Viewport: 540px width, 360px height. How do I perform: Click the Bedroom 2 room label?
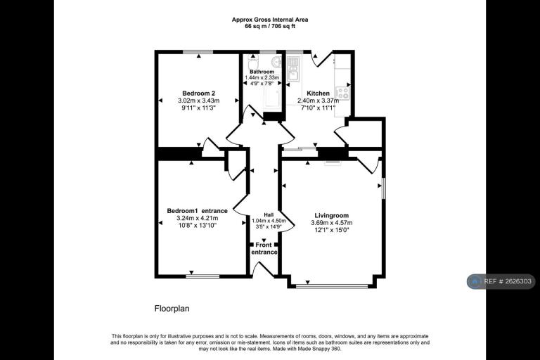[199, 94]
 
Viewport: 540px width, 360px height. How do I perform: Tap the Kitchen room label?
[318, 94]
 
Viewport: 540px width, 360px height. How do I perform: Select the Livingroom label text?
[332, 216]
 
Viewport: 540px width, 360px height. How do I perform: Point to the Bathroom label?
[262, 72]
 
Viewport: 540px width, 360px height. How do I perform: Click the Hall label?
[269, 214]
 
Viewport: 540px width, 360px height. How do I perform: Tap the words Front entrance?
[264, 248]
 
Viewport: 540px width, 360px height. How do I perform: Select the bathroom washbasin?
[276, 61]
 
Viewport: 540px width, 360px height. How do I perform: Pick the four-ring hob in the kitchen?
[342, 93]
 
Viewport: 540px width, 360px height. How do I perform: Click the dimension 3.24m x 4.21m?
[198, 218]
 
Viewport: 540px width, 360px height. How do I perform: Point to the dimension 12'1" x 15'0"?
[332, 230]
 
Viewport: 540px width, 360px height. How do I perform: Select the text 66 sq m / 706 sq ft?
[270, 26]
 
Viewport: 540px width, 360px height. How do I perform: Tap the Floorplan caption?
[172, 309]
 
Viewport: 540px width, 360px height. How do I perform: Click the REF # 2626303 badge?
[501, 281]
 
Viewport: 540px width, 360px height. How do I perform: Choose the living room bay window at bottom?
[332, 285]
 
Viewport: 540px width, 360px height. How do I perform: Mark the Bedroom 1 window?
[202, 276]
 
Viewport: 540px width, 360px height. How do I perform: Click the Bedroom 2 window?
[198, 52]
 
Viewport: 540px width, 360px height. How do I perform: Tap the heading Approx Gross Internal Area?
[270, 20]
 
